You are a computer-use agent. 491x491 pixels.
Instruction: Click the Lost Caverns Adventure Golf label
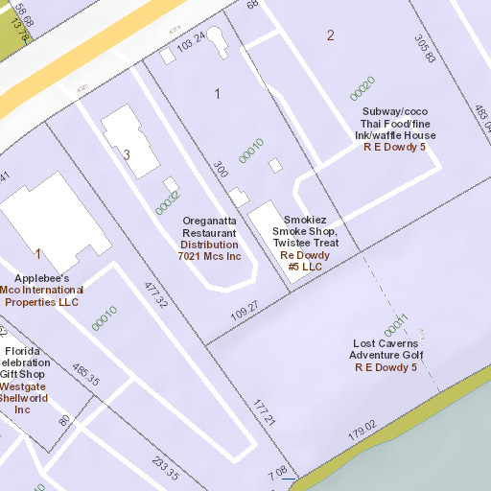pyautogui.click(x=386, y=349)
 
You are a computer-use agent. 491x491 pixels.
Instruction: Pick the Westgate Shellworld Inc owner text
pyautogui.click(x=22, y=392)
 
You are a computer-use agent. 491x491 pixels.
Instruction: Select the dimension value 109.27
pyautogui.click(x=245, y=310)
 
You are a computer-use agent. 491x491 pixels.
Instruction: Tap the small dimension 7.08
pyautogui.click(x=277, y=471)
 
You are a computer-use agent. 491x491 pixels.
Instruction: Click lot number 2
pyautogui.click(x=331, y=35)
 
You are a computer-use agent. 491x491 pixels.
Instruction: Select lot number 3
pyautogui.click(x=126, y=153)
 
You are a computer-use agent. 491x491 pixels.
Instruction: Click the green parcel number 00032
pyautogui.click(x=168, y=200)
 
